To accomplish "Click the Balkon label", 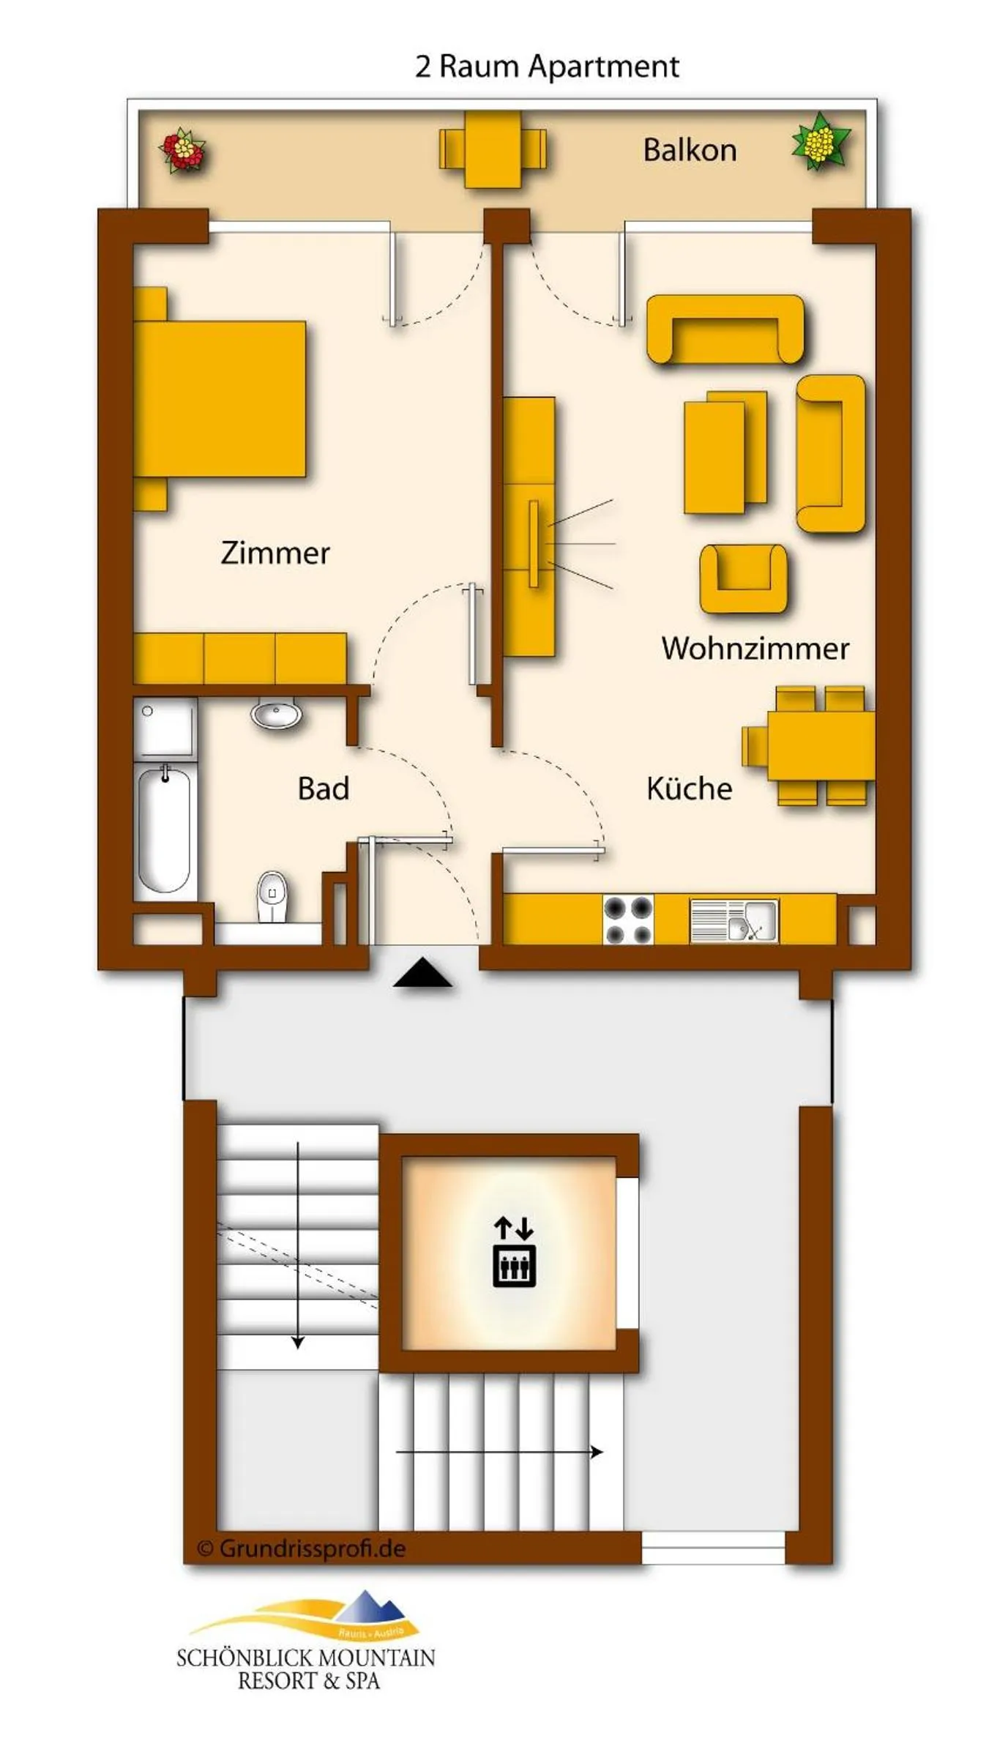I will point(689,150).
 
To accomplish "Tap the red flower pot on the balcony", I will point(182,150).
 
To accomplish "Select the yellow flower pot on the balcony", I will point(821,141).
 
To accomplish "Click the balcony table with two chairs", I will point(493,149).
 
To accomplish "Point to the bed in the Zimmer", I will point(220,399).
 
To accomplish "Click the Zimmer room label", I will point(275,553).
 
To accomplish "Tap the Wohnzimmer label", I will point(755,648).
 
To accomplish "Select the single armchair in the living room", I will point(743,578).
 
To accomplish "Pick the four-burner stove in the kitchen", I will point(628,920).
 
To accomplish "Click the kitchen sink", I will point(734,920).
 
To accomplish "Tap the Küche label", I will point(689,788).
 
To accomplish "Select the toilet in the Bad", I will point(272,897).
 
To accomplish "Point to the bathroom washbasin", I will point(276,713).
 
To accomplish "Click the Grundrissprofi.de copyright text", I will point(302,1548).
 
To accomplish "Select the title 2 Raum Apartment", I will point(547,67).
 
